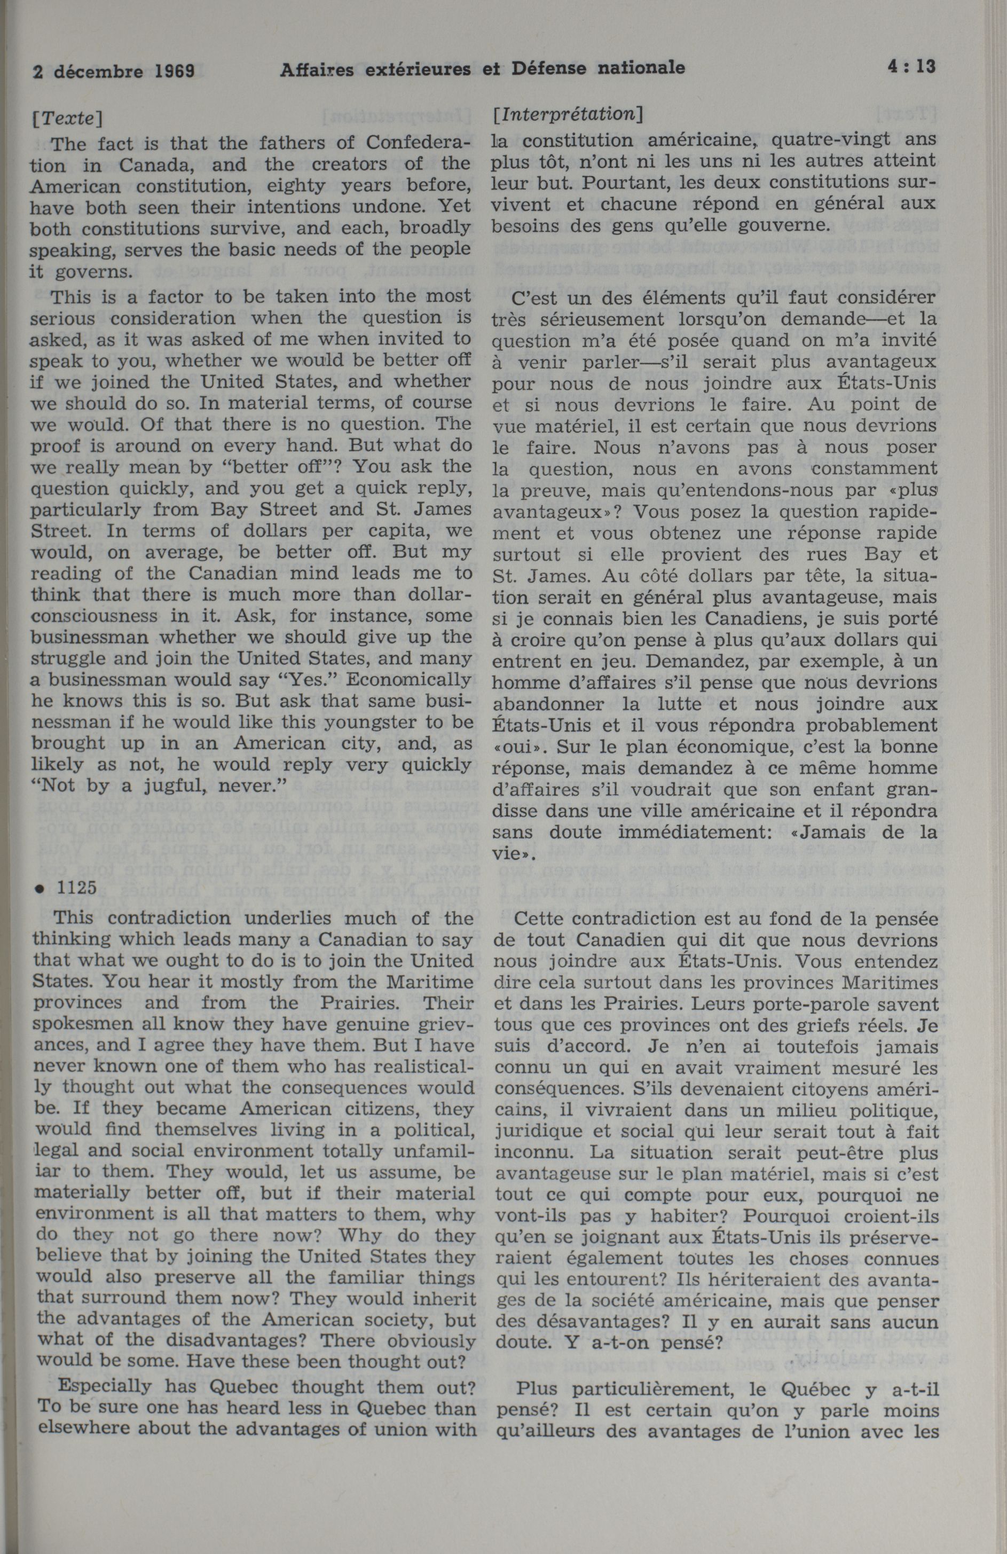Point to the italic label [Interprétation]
coord(568,114)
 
